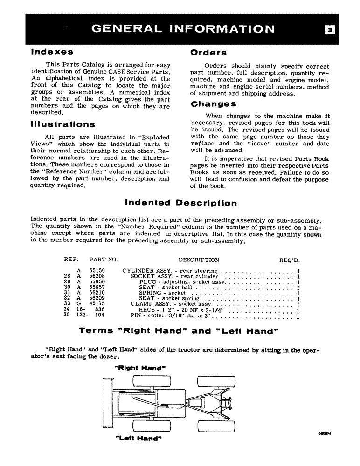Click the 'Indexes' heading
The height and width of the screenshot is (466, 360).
tap(51, 52)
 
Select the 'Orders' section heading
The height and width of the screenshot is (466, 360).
tap(208, 53)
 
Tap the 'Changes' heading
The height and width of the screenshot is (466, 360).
tap(214, 104)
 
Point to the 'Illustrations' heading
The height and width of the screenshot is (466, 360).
tap(62, 124)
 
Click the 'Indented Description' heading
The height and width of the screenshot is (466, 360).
tap(181, 203)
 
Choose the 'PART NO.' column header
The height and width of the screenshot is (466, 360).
tap(104, 260)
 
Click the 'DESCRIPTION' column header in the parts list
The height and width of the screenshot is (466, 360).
tap(199, 260)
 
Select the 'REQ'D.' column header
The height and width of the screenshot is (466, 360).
tap(289, 260)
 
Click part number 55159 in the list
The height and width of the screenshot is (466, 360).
tap(97, 271)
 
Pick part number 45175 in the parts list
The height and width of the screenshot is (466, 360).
tap(97, 303)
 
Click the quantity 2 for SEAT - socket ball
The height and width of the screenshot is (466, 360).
tap(298, 288)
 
